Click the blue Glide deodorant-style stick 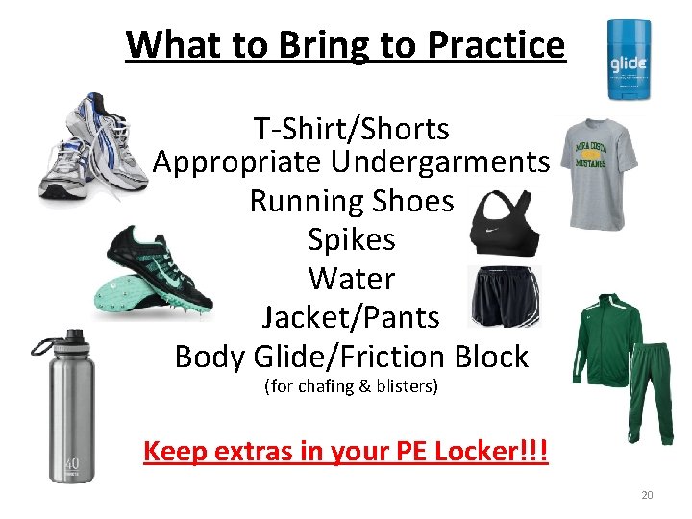coord(630,61)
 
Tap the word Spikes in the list coord(351,239)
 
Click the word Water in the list coord(351,279)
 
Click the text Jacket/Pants coord(351,316)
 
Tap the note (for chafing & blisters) coord(351,387)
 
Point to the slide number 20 coord(646,495)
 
